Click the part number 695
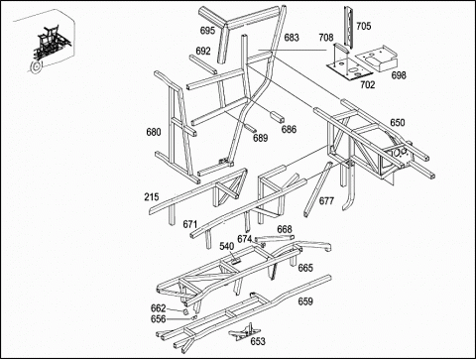point(207,31)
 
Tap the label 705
point(363,26)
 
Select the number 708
point(326,38)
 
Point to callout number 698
point(399,75)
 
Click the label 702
point(367,85)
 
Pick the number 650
point(397,123)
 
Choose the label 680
point(154,132)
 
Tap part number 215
point(152,197)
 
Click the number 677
point(326,200)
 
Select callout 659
point(305,301)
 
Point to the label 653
point(258,341)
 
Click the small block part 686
point(278,117)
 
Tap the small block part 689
point(250,126)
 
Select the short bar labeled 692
point(203,64)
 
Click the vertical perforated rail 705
point(348,27)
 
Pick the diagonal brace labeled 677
point(317,189)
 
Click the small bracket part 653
point(245,332)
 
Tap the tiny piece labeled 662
point(186,311)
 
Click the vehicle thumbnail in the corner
point(50,47)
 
